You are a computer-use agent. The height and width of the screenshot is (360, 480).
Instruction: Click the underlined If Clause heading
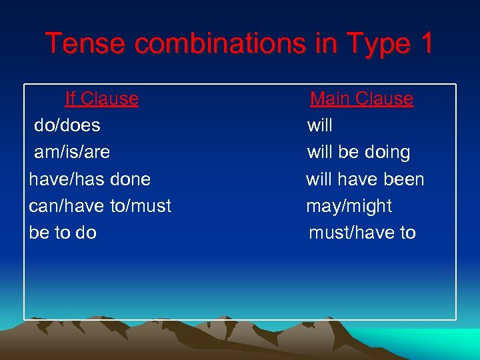(x=101, y=99)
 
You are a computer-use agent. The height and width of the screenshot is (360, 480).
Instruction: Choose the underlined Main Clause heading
(x=361, y=99)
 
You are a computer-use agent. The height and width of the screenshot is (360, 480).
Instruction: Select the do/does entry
(x=67, y=125)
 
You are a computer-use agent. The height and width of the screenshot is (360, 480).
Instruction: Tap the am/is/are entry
(x=71, y=152)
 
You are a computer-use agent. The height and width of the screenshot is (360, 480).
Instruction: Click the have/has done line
(x=89, y=179)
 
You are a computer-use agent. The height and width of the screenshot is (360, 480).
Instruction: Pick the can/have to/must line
(x=100, y=206)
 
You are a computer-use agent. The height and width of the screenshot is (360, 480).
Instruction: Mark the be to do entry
(x=63, y=233)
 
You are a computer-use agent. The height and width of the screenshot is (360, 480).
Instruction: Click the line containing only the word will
(x=319, y=125)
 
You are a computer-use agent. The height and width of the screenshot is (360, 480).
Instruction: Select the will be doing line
(x=358, y=152)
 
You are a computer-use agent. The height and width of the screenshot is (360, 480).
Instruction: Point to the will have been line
(x=365, y=179)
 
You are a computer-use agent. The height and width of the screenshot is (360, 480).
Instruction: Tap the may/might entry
(x=349, y=206)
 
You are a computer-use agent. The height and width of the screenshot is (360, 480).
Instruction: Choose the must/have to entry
(x=362, y=233)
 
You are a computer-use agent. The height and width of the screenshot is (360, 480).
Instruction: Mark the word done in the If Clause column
(x=131, y=179)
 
